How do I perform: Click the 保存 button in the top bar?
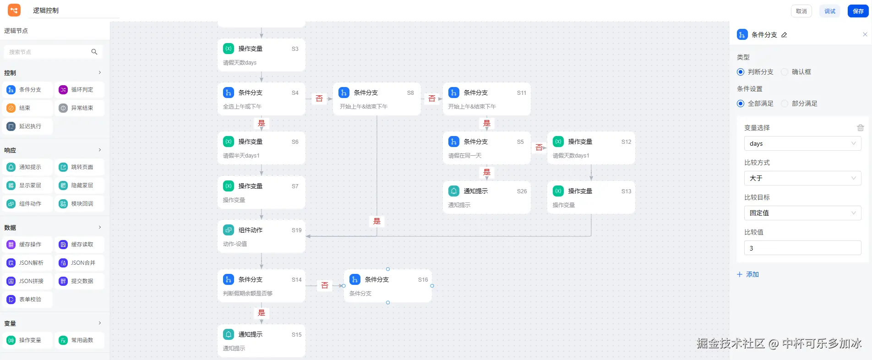click(x=858, y=11)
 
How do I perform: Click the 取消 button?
click(x=801, y=11)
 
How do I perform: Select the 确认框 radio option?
click(x=785, y=72)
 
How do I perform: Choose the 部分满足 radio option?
click(x=785, y=104)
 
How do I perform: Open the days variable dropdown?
click(x=802, y=143)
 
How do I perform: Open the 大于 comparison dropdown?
click(x=802, y=178)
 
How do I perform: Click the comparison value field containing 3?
click(x=802, y=248)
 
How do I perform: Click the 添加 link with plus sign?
click(x=748, y=274)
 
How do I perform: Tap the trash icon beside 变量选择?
click(x=860, y=128)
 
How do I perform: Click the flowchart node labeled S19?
click(x=262, y=236)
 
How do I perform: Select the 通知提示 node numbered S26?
click(x=486, y=197)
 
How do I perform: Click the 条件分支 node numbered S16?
click(x=387, y=286)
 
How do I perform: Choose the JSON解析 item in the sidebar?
click(x=27, y=263)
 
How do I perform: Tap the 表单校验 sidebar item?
click(x=27, y=300)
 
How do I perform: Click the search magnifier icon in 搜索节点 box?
click(x=94, y=52)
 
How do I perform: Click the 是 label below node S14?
click(x=262, y=313)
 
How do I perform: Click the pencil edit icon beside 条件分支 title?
click(x=784, y=35)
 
